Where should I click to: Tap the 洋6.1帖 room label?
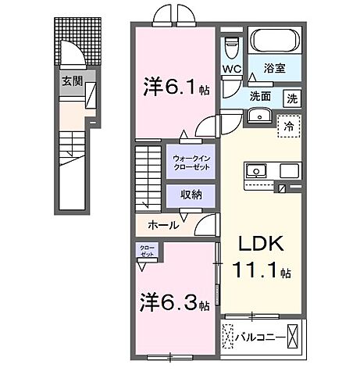(175, 87)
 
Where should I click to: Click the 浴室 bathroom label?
(274, 69)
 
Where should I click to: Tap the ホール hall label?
(162, 225)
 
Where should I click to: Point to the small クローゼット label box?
(146, 252)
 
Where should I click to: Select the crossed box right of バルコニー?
(292, 337)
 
